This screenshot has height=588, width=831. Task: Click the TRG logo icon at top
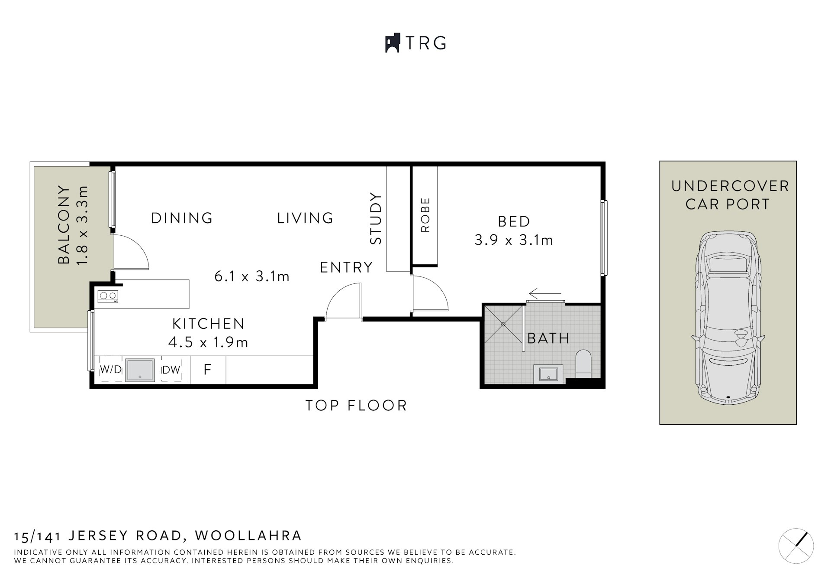point(392,43)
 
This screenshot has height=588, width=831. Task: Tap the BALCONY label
point(64,225)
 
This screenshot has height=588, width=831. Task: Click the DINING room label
point(182,218)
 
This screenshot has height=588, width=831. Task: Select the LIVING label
point(305,218)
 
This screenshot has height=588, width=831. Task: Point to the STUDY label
point(376,218)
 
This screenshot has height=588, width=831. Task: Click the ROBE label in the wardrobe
point(425,215)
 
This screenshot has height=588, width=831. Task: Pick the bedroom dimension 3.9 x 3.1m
point(514,240)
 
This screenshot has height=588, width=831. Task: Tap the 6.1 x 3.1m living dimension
point(252,276)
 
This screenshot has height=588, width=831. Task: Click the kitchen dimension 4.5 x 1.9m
point(208,342)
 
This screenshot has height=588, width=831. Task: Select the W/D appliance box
point(111,370)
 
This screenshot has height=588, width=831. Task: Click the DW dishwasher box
point(171,370)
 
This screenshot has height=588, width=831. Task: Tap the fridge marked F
point(208,370)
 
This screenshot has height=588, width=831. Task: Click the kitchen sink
point(140,370)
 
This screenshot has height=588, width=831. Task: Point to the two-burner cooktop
point(108,296)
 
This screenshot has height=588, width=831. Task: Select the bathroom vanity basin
point(548,374)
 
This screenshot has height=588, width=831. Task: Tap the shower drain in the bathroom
point(503,324)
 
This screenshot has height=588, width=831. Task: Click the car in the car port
point(728,318)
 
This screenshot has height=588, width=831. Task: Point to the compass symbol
point(796,546)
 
